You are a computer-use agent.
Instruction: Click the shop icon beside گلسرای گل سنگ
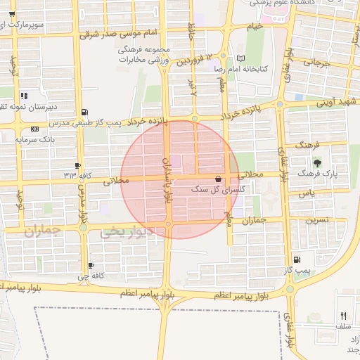[218, 179]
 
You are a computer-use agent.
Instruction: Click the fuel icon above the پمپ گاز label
[296, 259]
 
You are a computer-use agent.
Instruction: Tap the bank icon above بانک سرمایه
[35, 129]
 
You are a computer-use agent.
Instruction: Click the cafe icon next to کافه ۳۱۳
[77, 165]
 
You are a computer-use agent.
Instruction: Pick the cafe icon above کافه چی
[91, 265]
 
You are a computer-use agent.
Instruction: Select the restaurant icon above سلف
[343, 315]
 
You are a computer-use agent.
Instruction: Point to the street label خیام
[255, 27]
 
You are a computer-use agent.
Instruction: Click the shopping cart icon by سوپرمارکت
[11, 13]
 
